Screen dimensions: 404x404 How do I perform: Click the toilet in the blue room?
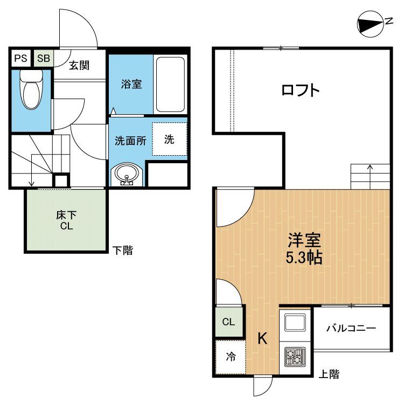click(x=31, y=89)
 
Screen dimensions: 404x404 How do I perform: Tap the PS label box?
click(x=20, y=58)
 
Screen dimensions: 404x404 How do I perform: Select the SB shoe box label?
click(x=44, y=58)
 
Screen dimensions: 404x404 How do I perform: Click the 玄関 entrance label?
click(x=79, y=65)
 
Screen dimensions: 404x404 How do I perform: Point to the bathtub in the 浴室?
click(x=170, y=85)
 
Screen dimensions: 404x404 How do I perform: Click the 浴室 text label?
click(x=131, y=84)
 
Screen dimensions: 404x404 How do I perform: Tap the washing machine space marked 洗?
click(x=169, y=139)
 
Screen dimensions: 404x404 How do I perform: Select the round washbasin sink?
click(x=126, y=173)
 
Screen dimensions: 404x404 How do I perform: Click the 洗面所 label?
click(x=130, y=141)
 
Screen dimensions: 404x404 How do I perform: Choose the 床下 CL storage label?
click(x=66, y=220)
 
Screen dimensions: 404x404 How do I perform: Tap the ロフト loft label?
click(x=301, y=90)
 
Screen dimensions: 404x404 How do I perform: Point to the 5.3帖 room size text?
click(x=304, y=257)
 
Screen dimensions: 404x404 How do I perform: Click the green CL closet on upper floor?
click(x=229, y=322)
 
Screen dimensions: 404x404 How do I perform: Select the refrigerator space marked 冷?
click(x=231, y=357)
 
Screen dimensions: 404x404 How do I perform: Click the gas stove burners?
click(x=295, y=357)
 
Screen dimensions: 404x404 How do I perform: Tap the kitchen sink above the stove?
click(x=295, y=323)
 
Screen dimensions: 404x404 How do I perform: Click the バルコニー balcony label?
click(x=351, y=328)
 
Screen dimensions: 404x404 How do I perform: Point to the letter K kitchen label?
click(x=262, y=338)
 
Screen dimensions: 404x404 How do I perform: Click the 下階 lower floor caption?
click(x=123, y=250)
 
